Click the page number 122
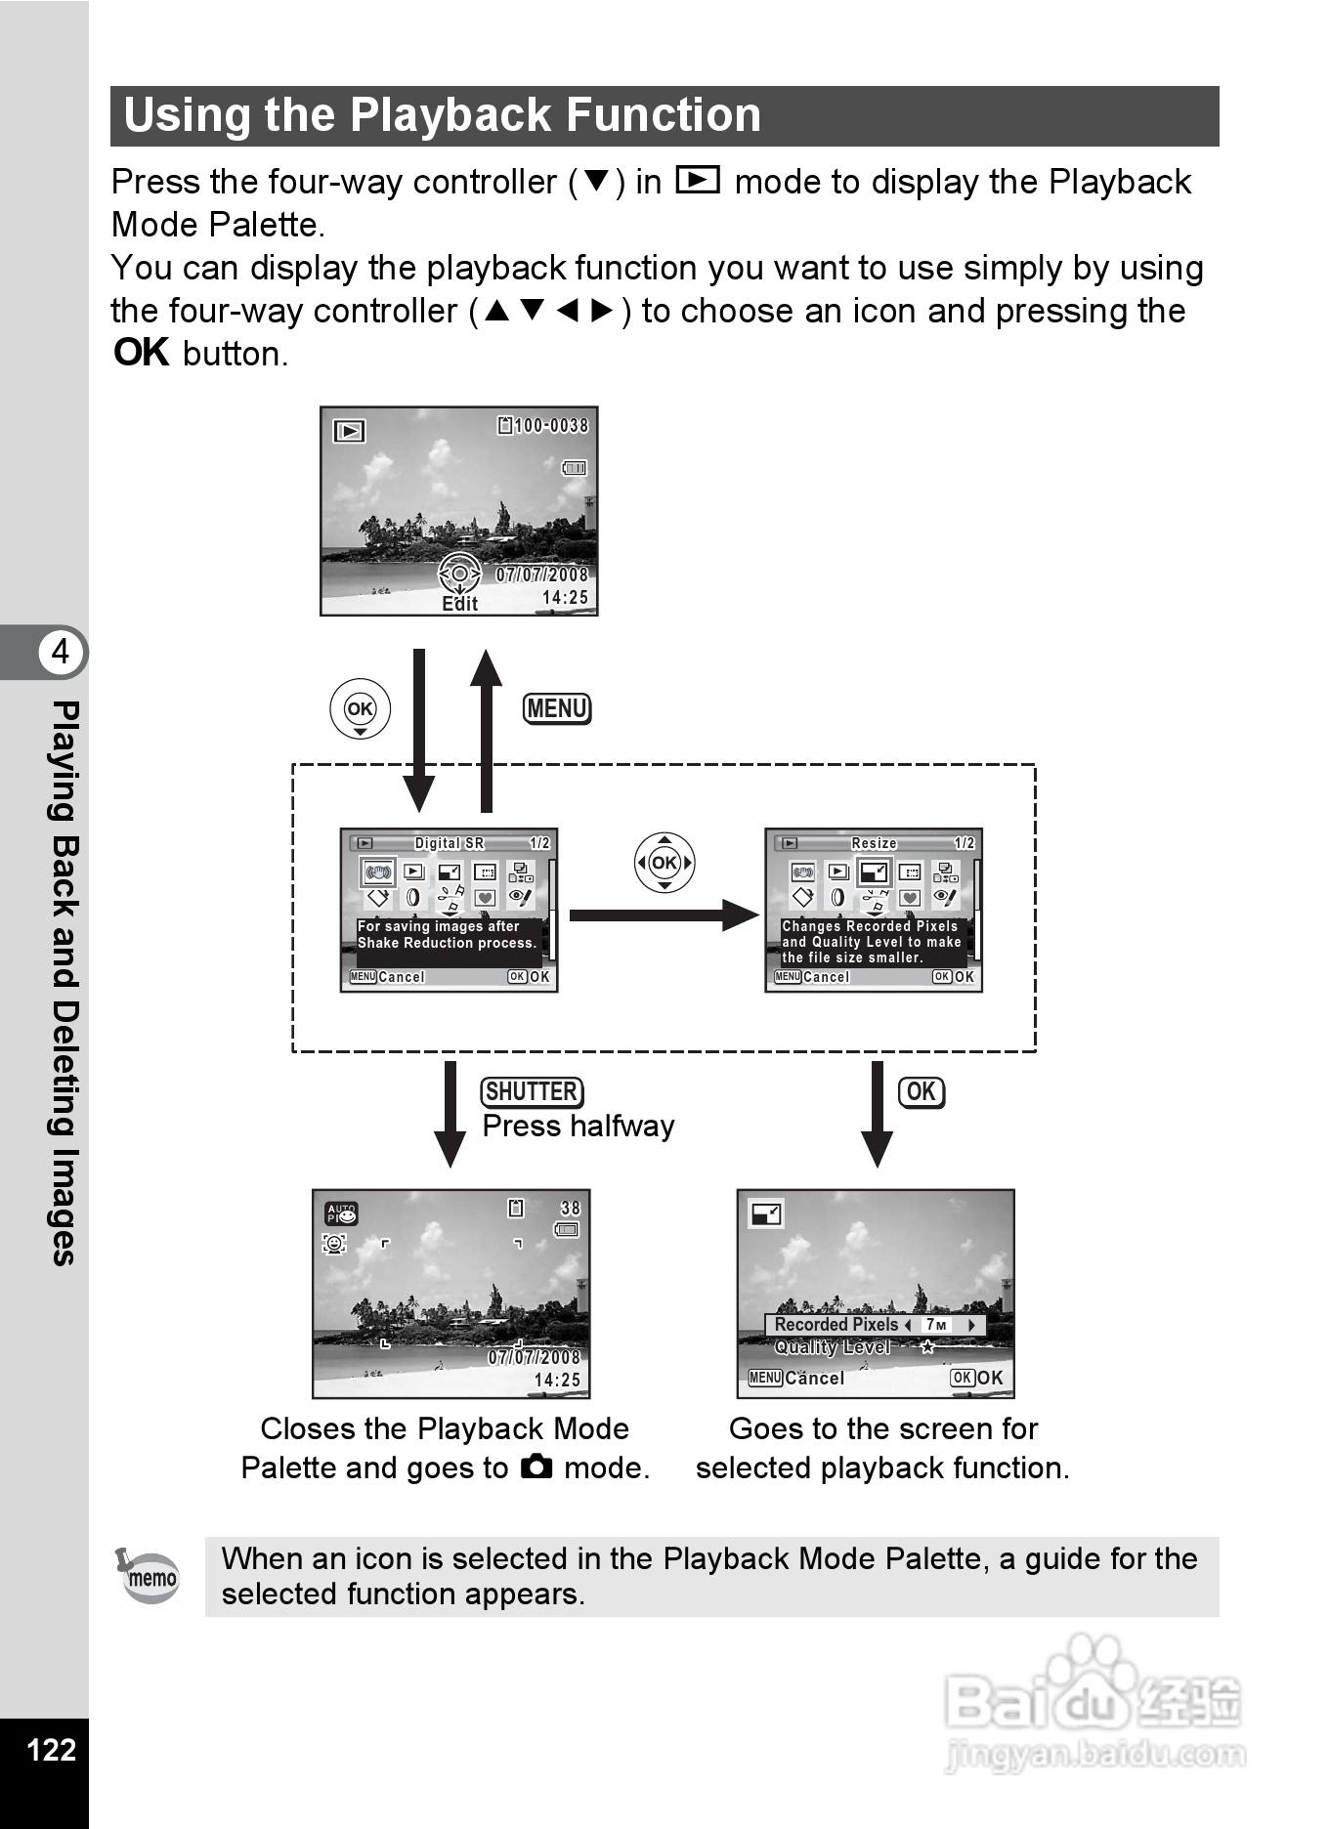[52, 1749]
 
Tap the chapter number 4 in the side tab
[61, 651]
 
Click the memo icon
[149, 1575]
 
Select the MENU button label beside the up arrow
[557, 708]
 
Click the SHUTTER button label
[532, 1091]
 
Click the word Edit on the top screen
[459, 604]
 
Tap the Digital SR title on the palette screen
[449, 843]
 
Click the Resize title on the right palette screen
[874, 843]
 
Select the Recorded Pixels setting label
[836, 1325]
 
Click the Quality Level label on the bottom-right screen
[833, 1347]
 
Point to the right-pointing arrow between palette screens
[664, 915]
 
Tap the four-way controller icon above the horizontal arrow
[664, 863]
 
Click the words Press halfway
[578, 1126]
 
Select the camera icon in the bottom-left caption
[536, 1467]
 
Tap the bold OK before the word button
[142, 353]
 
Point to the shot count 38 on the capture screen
[570, 1209]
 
